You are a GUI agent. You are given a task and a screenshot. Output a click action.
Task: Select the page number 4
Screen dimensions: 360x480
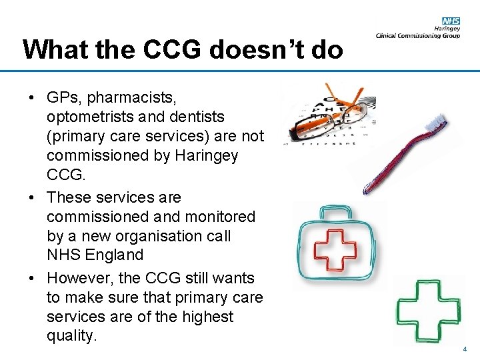tap(465, 349)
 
